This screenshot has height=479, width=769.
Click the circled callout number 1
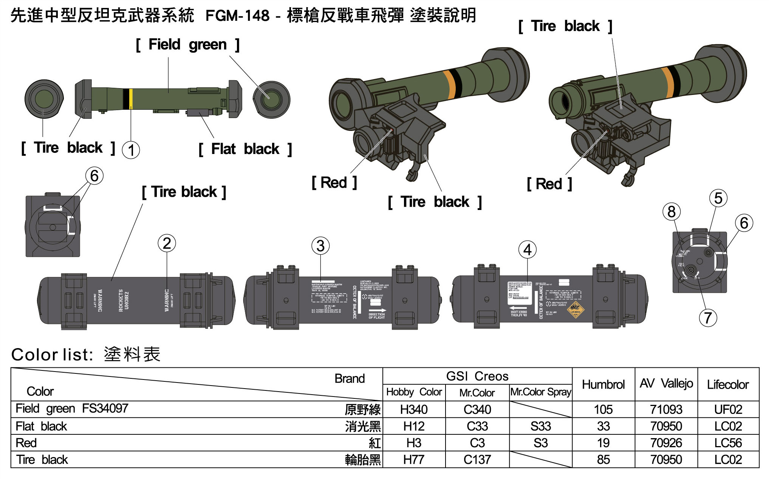tap(131, 150)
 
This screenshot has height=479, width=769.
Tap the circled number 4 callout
tap(528, 250)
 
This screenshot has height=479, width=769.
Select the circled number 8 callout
tap(671, 212)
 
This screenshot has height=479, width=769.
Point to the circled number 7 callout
tap(708, 318)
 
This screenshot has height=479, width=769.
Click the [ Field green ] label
tap(187, 45)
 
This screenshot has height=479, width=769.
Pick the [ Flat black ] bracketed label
tap(245, 149)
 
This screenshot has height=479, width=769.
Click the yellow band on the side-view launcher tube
tap(131, 98)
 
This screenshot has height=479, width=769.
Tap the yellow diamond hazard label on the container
tap(576, 310)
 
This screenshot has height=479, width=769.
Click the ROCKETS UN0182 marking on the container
tap(124, 300)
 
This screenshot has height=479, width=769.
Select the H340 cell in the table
tap(414, 409)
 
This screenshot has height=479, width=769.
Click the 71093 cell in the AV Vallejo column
tap(666, 409)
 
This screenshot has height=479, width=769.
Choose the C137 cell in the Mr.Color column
tap(477, 460)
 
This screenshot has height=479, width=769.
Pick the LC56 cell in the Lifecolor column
tap(728, 443)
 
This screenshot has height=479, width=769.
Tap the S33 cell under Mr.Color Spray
tap(540, 426)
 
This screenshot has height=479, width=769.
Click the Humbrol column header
tap(603, 384)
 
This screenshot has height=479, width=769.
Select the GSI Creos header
tap(477, 376)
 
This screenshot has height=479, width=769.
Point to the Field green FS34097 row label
tap(72, 409)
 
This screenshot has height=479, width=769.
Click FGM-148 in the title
tap(237, 16)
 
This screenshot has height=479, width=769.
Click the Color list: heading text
tap(52, 355)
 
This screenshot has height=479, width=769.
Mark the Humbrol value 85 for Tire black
tap(603, 460)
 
